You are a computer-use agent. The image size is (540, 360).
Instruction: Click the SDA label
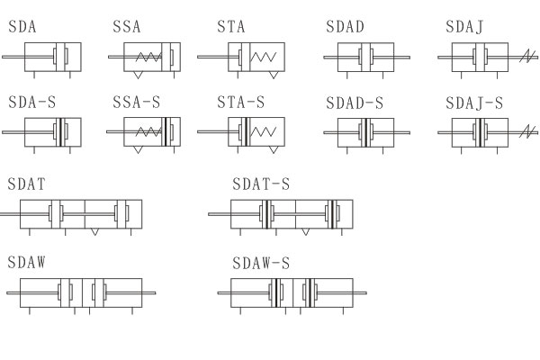[22, 27]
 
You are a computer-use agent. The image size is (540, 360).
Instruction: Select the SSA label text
[127, 27]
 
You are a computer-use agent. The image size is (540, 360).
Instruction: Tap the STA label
[231, 27]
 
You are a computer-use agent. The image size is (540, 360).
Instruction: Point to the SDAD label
[345, 27]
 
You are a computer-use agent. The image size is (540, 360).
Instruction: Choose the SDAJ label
[464, 27]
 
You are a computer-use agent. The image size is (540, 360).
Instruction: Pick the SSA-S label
[137, 103]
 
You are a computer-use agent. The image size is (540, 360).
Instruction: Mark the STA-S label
[241, 103]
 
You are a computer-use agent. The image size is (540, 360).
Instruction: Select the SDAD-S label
[355, 103]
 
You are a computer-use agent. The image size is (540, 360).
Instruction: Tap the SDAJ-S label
[474, 103]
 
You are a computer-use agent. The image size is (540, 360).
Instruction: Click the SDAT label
[27, 184]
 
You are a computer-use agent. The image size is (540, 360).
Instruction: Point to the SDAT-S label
[262, 184]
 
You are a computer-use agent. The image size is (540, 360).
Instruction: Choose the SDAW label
[27, 263]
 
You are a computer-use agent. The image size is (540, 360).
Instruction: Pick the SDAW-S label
[262, 263]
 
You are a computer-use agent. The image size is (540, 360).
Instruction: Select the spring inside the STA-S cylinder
[264, 132]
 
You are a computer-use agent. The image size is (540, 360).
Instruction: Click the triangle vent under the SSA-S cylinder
[137, 150]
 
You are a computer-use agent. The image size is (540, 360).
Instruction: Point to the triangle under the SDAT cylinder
[95, 231]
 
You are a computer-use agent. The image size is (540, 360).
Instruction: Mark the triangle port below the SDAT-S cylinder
[307, 231]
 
